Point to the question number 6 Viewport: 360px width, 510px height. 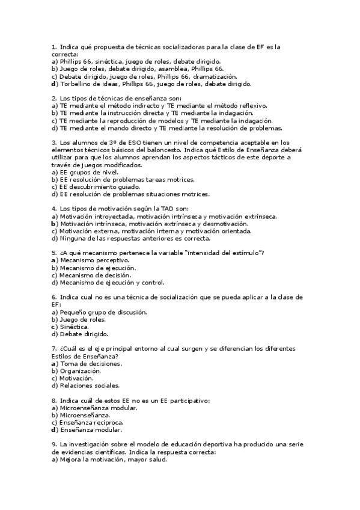(54, 297)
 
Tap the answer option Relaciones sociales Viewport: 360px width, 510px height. (89, 386)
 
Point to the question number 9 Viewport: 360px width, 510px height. (54, 444)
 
